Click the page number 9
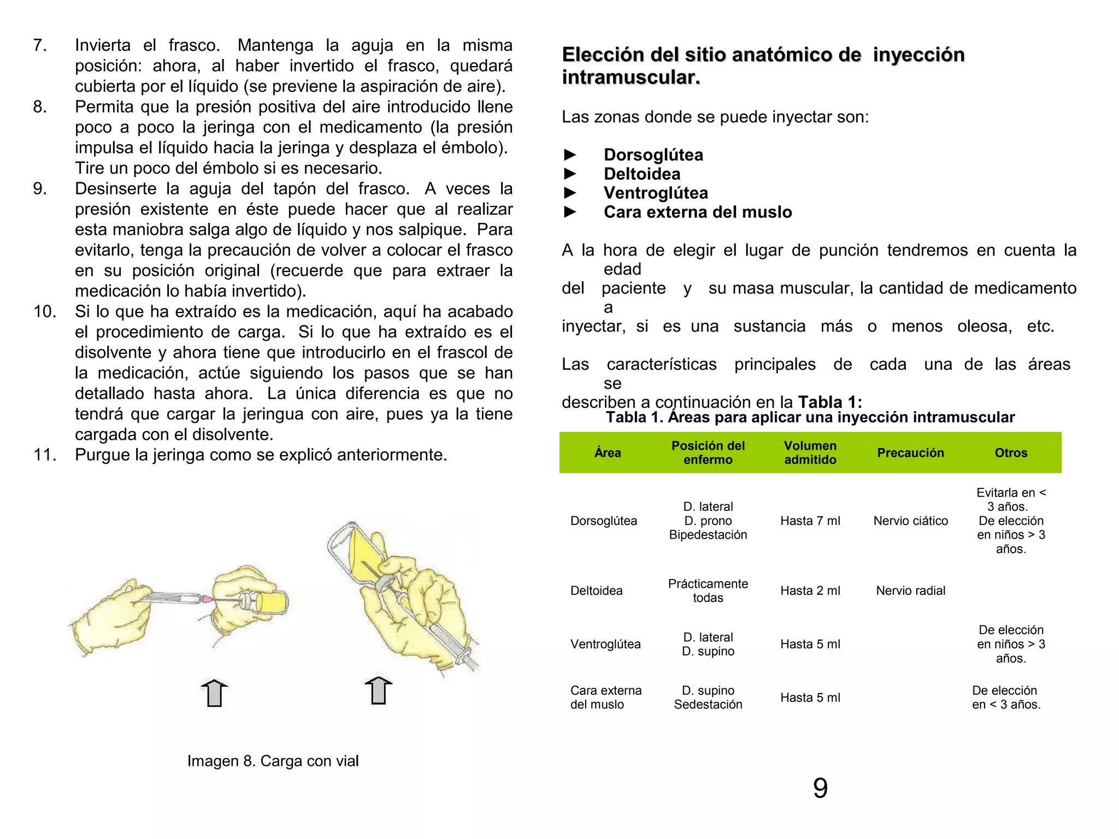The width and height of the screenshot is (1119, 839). click(820, 788)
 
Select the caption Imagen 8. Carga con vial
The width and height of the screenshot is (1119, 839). click(273, 761)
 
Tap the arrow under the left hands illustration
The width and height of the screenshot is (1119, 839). click(214, 693)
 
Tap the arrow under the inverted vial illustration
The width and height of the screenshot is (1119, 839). click(378, 691)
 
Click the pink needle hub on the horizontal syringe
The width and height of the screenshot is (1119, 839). click(206, 600)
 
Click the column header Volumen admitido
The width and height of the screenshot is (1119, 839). click(810, 453)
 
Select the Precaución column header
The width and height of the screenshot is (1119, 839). click(910, 453)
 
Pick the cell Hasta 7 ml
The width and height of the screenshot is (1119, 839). click(810, 521)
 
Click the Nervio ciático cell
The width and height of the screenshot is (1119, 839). click(910, 521)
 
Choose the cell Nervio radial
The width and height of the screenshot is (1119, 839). click(910, 590)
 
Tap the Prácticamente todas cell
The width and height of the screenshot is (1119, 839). click(708, 590)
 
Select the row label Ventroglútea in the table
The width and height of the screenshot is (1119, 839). click(605, 645)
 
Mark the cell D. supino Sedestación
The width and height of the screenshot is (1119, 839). click(708, 698)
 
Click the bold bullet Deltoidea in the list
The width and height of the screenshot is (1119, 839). click(641, 174)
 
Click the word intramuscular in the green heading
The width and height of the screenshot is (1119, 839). click(631, 78)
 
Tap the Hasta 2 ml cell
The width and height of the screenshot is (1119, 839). click(810, 590)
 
